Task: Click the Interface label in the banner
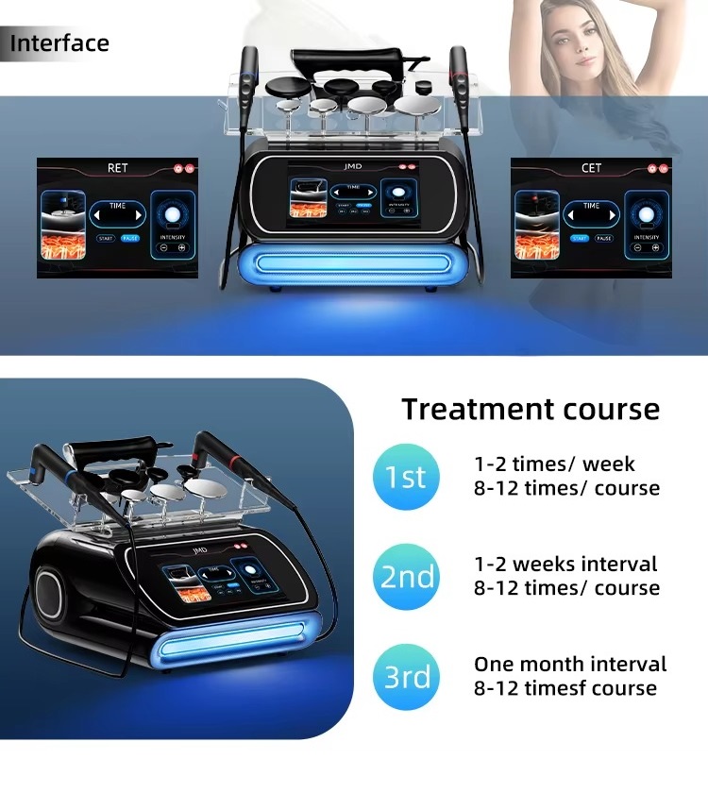coord(59,43)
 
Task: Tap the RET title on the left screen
coord(117,168)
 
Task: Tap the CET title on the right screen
coord(591,168)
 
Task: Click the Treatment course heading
coord(531,409)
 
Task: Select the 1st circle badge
coord(406,477)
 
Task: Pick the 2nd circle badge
coord(407,577)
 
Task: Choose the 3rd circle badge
coord(407,677)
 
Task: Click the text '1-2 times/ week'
coord(554,464)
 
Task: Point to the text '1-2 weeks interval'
coord(565,565)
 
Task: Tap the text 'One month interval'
coord(570,665)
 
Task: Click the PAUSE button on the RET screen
coord(128,239)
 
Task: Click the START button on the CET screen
coord(579,239)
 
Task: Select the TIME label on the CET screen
coord(591,205)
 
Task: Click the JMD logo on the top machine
coord(353,162)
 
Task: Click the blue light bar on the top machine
coord(353,262)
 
